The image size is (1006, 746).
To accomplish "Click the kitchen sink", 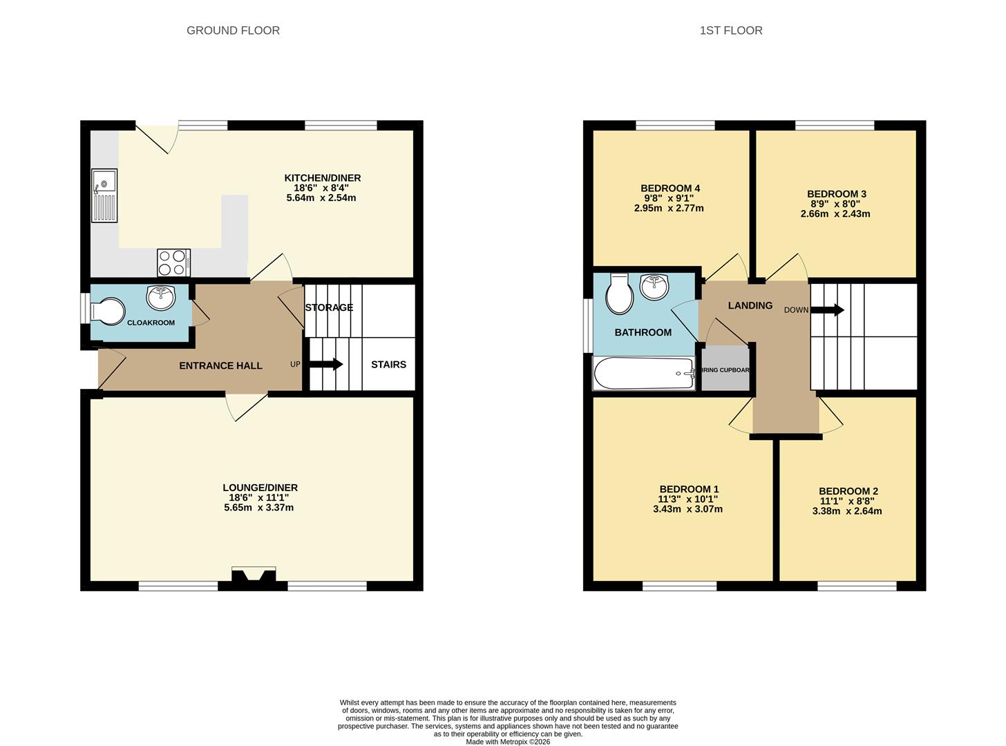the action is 104,195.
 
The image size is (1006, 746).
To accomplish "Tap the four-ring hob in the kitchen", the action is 173,262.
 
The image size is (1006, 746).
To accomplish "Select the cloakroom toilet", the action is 108,312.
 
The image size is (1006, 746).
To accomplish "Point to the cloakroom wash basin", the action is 161,298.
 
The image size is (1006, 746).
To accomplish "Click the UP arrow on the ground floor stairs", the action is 325,364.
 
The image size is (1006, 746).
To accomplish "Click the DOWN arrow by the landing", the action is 827,310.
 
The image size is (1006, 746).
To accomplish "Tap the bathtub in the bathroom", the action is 644,374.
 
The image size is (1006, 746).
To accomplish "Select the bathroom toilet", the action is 620,294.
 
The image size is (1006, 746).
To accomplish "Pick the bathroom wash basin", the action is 654,287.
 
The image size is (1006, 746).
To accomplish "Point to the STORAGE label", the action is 329,307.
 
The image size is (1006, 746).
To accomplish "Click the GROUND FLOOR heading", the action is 233,30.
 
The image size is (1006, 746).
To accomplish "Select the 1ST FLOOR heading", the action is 731,30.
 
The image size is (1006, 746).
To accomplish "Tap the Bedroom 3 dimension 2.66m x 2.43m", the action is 835,213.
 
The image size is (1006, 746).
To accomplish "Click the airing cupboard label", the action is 725,370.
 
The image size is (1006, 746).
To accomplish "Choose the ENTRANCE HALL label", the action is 220,365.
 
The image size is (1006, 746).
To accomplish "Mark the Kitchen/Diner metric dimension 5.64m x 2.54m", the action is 321,198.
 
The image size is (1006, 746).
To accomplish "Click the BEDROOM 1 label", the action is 689,489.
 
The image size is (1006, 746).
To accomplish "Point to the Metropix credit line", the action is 508,742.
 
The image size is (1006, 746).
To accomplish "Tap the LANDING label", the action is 750,306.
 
